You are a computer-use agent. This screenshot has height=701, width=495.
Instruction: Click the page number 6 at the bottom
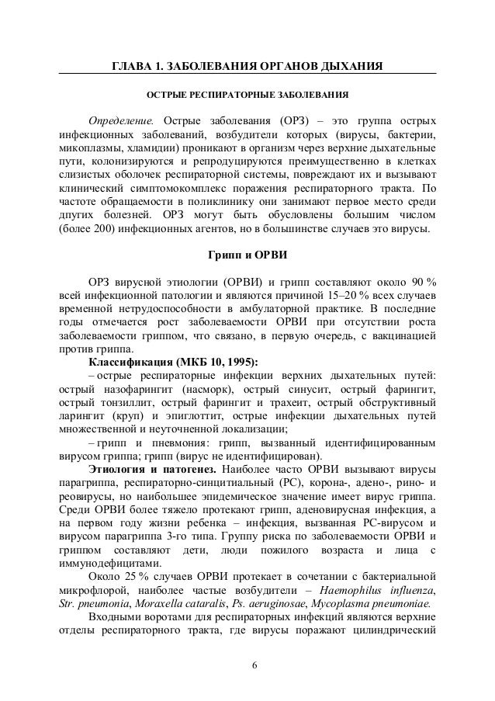pyautogui.click(x=247, y=665)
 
